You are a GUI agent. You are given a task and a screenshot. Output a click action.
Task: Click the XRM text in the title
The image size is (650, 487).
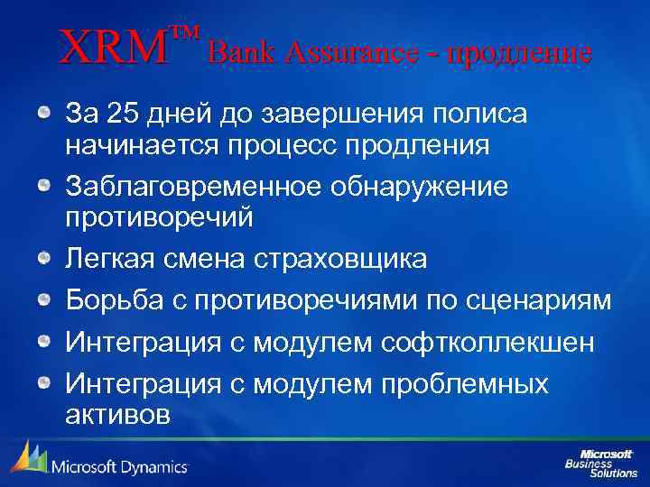click(114, 48)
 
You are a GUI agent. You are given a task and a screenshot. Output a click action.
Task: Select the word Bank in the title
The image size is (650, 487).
click(237, 51)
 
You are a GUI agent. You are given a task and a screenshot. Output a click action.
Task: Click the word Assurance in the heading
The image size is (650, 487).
click(340, 51)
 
